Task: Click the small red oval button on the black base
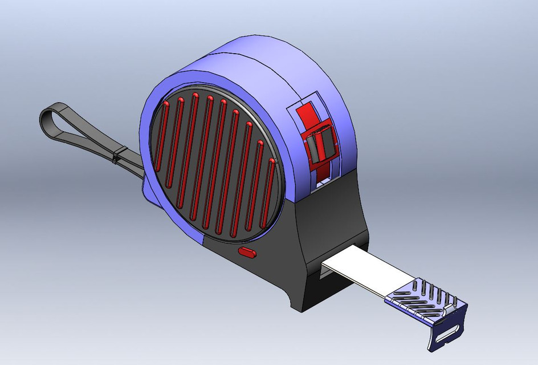[x=247, y=252]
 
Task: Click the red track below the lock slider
[x=322, y=171]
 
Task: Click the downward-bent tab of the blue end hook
[x=447, y=331]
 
